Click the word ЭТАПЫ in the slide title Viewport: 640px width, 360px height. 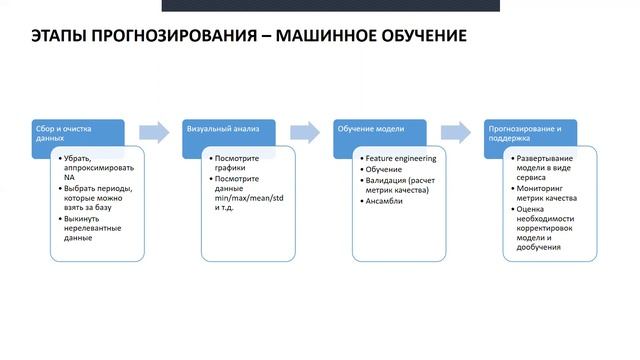(53, 39)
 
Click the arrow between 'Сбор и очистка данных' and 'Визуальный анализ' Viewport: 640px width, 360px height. (154, 131)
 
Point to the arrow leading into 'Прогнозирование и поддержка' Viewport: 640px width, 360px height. (456, 131)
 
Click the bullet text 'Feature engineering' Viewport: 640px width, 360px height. (401, 159)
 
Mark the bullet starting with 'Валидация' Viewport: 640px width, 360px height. (400, 183)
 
